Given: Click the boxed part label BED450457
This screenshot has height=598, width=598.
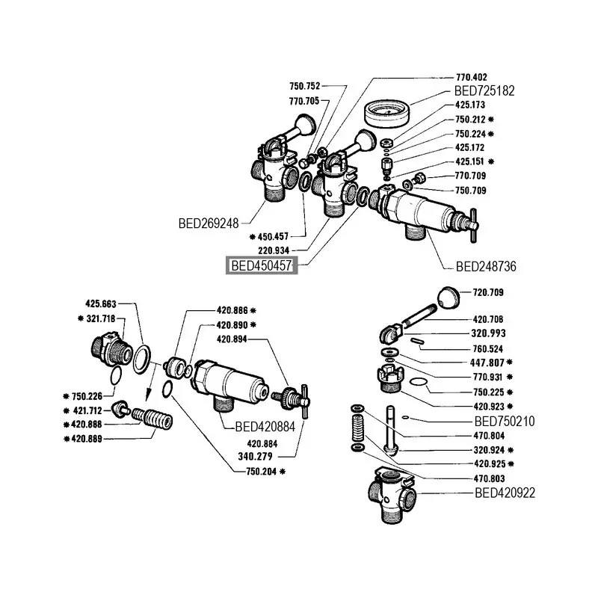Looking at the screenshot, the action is (x=262, y=265).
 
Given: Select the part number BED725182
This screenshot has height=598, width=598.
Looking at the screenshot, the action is (x=484, y=90).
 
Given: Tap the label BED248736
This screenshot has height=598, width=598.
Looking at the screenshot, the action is (x=486, y=266).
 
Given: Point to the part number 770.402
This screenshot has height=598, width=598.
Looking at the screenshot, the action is (x=472, y=77).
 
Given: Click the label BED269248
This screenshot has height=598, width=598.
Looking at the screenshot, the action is (x=209, y=223).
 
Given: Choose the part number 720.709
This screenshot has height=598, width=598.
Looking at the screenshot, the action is (x=488, y=292).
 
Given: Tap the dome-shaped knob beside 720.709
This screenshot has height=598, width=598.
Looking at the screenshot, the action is (x=448, y=298).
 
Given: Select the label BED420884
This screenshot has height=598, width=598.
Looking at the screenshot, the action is (x=265, y=427).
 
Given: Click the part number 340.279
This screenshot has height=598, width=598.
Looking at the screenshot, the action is (x=255, y=456).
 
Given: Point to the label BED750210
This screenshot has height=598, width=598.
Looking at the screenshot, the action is (x=504, y=422).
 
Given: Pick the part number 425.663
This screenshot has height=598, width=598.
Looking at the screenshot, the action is (x=101, y=304).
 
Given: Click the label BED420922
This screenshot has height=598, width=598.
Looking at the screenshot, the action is (x=505, y=493).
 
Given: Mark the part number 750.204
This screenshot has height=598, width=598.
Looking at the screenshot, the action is (x=262, y=472).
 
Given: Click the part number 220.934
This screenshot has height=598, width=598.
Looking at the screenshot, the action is (x=274, y=250).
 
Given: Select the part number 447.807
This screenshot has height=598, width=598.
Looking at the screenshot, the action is (x=487, y=363).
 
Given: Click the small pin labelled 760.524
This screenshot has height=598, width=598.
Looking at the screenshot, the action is (x=416, y=341).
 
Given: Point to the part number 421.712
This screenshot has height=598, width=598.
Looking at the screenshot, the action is (x=87, y=410).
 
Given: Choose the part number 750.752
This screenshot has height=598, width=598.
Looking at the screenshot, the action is (x=305, y=86).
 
